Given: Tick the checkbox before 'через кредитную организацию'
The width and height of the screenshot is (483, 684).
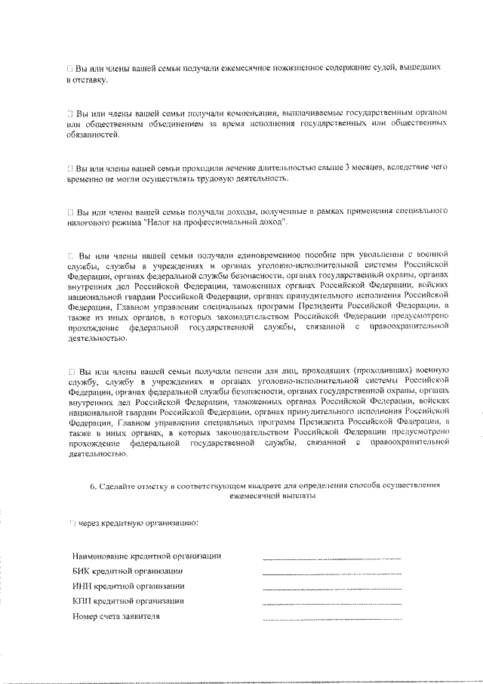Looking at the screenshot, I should coord(70,522).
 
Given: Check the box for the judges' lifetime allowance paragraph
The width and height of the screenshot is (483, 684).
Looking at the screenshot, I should coord(70,68).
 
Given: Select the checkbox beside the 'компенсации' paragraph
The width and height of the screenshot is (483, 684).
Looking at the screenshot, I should coord(70,113).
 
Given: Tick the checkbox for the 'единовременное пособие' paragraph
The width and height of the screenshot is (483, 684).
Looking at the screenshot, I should coord(70,255).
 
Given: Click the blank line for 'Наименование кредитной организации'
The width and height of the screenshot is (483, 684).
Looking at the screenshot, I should coord(331,558).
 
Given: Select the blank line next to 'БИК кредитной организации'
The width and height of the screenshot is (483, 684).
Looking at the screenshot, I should coord(331,573).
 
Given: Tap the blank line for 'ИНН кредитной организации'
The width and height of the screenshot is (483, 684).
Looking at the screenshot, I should coord(331,588).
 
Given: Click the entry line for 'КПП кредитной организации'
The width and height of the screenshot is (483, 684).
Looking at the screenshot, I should coord(331,603).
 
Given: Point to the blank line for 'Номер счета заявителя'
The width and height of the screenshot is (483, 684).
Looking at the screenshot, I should coord(331,618).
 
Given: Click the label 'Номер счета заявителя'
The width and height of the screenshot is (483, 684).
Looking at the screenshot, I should coord(116,616).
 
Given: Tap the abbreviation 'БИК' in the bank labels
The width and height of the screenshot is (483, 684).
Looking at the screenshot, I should coord(81,571).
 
